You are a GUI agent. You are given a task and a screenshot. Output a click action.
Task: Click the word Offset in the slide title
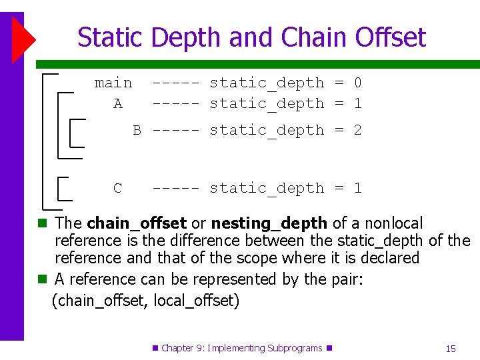[390, 37]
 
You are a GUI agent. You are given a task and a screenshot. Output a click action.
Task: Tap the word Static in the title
[111, 37]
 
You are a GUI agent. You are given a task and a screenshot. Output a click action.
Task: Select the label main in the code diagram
[113, 83]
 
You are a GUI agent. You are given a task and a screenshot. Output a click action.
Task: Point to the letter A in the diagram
[118, 104]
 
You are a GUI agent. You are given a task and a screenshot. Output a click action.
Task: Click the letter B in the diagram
[137, 131]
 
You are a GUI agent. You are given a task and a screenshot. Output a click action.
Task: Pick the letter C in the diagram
[118, 189]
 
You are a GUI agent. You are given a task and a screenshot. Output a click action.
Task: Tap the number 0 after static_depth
[357, 83]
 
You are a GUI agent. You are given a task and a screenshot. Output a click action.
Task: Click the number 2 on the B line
[357, 131]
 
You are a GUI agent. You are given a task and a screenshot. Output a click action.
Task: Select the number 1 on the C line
[357, 189]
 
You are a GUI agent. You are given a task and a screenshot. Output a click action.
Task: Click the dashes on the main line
[175, 83]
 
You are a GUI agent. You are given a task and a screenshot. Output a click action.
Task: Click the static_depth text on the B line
[267, 131]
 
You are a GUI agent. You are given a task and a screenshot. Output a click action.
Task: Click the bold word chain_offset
[137, 223]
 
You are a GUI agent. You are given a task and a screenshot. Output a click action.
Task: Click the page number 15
[451, 349]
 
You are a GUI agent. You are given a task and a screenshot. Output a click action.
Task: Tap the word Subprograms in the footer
[294, 348]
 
